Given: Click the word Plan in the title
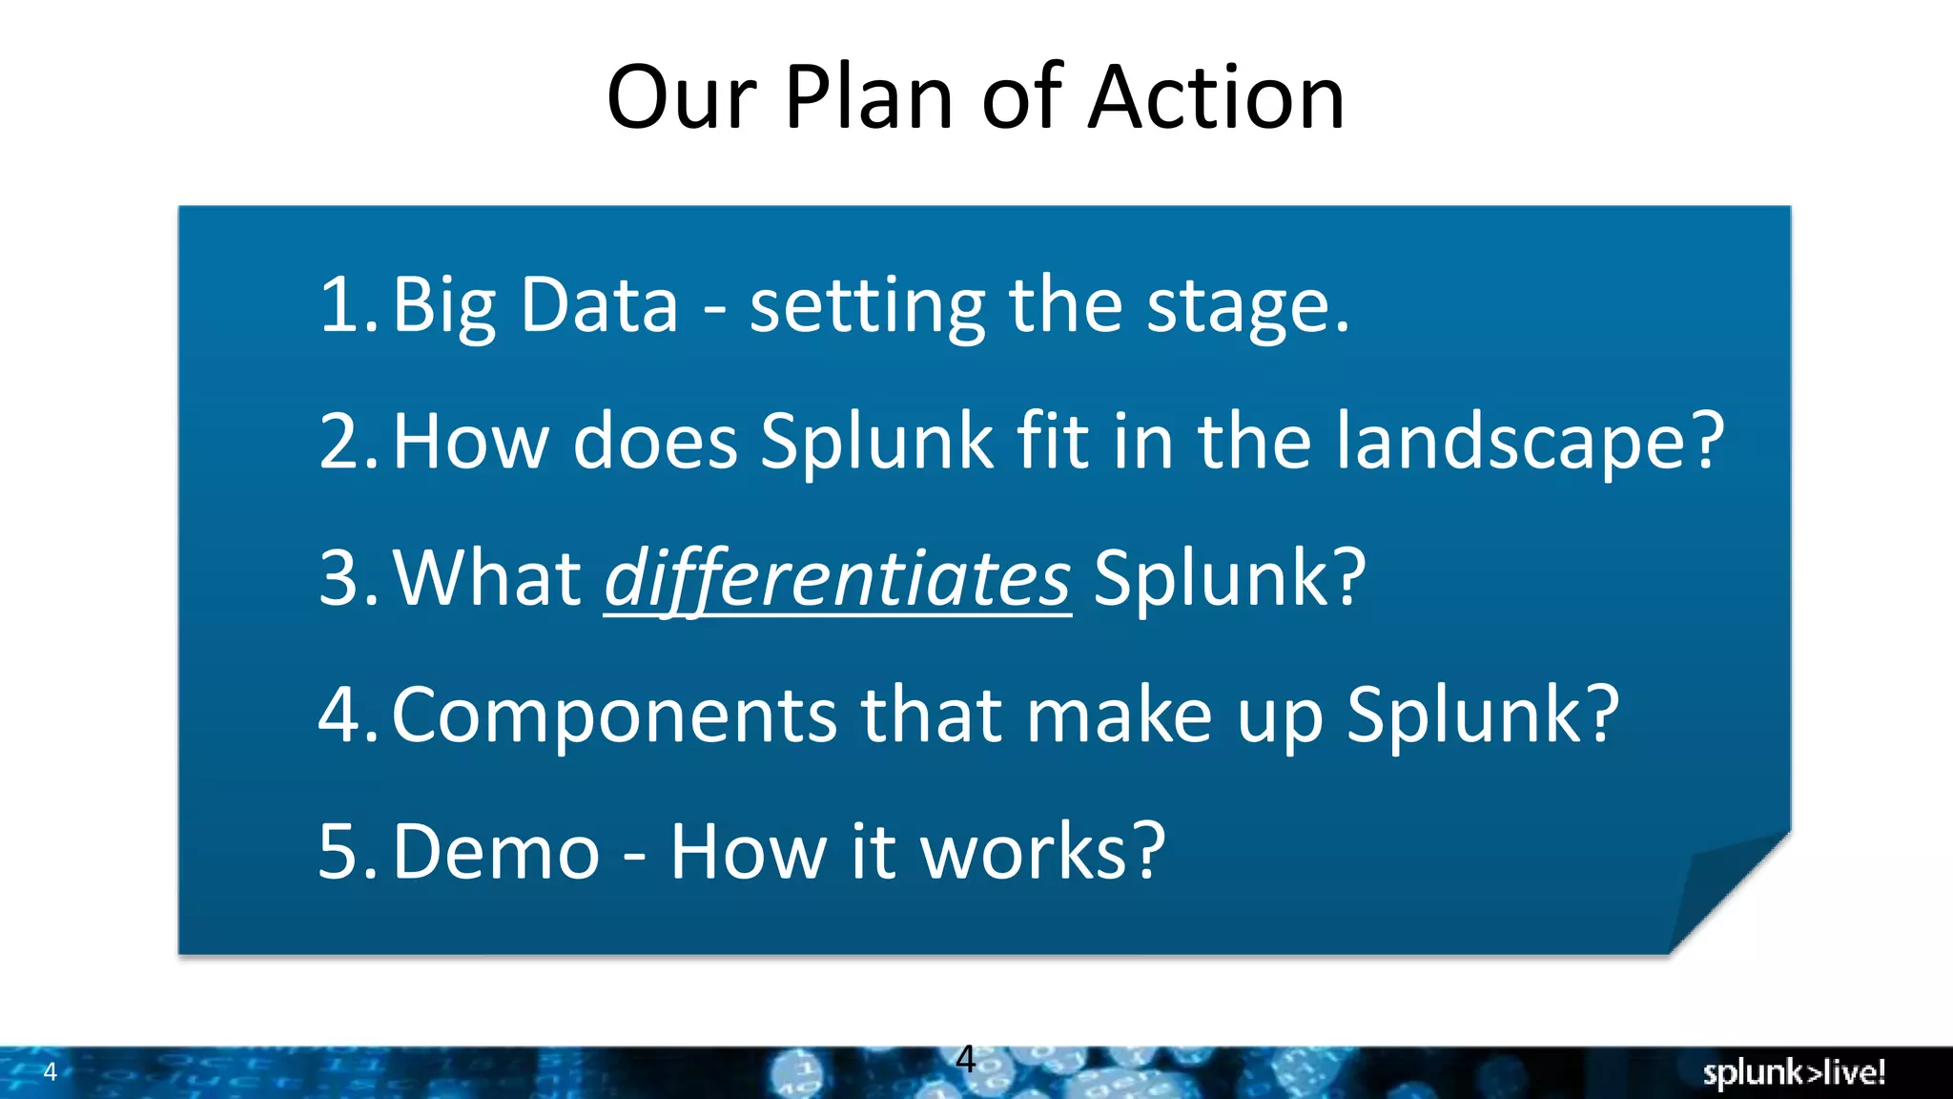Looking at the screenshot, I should point(869,97).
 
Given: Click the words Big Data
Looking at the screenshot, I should point(535,305).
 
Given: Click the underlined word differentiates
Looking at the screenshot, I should point(837,579).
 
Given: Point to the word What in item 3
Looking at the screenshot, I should point(487,579).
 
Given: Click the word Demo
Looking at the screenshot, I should point(496,852).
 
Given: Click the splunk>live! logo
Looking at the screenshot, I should point(1794,1073).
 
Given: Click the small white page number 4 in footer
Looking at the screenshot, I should point(51,1072).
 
